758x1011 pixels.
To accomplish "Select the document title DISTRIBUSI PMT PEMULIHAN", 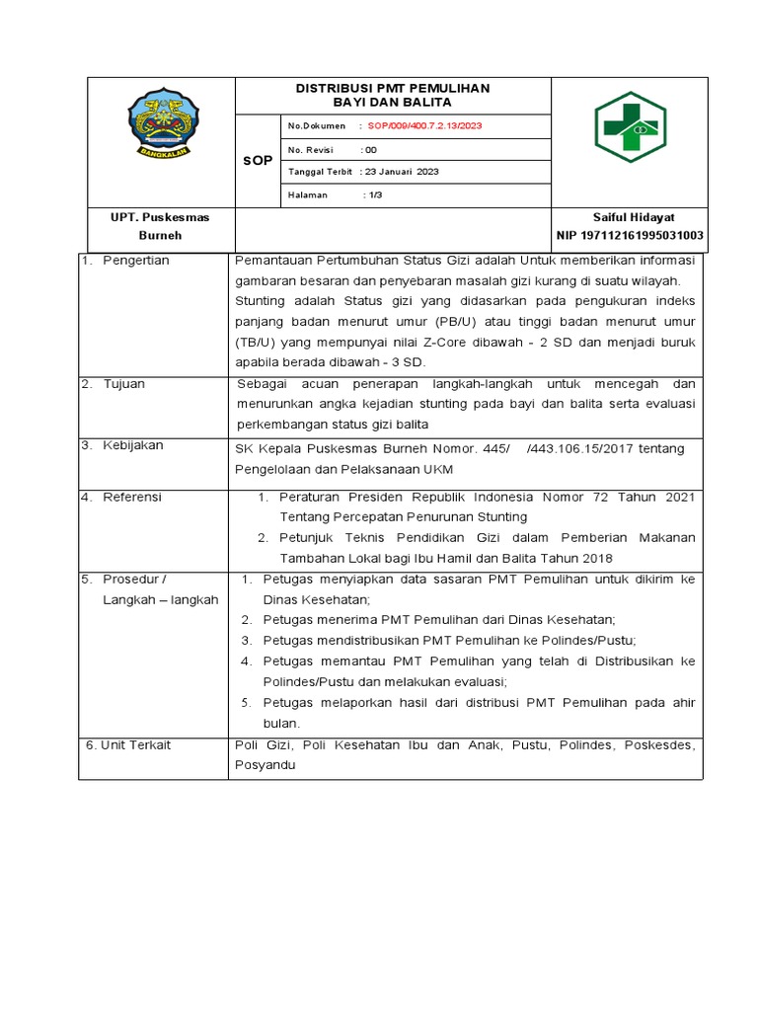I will pyautogui.click(x=393, y=89).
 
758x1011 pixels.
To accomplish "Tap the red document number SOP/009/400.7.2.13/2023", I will pyautogui.click(x=424, y=126).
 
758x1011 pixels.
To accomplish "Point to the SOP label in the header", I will pyautogui.click(x=258, y=161).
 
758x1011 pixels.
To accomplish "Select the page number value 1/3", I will pyautogui.click(x=374, y=195).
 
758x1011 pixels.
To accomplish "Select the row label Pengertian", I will pyautogui.click(x=136, y=261).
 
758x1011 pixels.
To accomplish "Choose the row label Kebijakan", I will pyautogui.click(x=133, y=446).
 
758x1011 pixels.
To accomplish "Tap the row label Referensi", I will pyautogui.click(x=132, y=498).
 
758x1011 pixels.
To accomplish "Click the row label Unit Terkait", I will pyautogui.click(x=135, y=744).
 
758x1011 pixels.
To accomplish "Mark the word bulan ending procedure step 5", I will pyautogui.click(x=281, y=723).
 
